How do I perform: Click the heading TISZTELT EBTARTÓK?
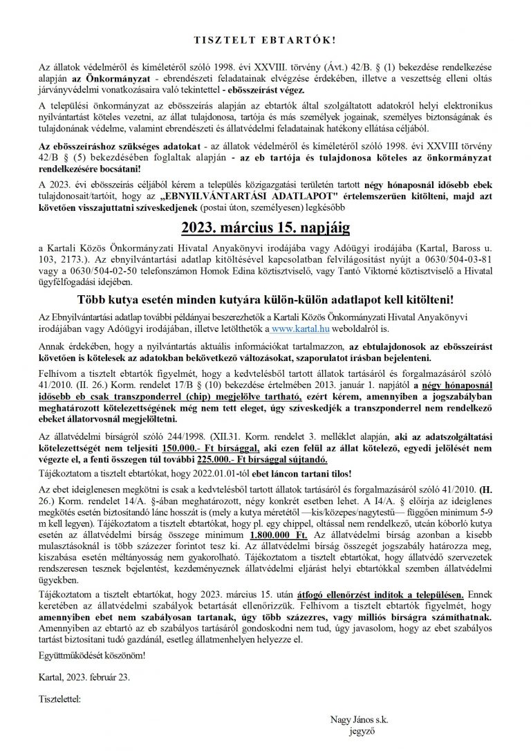pyautogui.click(x=265, y=21)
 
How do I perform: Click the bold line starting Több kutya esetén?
pyautogui.click(x=265, y=299)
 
